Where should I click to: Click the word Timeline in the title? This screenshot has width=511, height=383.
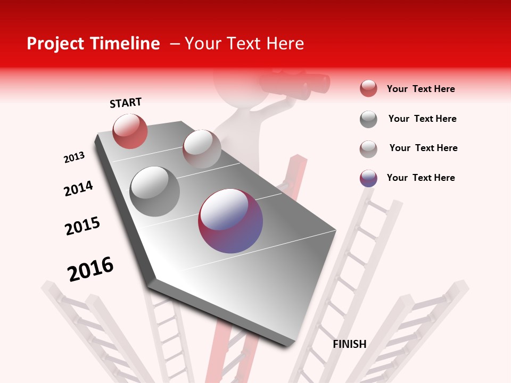[x=127, y=44]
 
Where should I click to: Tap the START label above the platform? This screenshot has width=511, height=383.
[x=126, y=103]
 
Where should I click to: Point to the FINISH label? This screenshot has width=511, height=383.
[x=349, y=344]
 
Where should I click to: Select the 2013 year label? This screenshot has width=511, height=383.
[x=74, y=157]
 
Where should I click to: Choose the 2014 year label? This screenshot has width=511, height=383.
[x=78, y=188]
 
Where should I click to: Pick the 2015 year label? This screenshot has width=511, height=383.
[x=83, y=226]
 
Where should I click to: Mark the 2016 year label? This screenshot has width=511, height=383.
[x=90, y=269]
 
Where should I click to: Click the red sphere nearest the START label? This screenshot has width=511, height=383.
[x=130, y=131]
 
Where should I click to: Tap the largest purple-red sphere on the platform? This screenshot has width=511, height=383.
[x=230, y=220]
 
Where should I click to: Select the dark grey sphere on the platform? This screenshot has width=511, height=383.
[x=155, y=191]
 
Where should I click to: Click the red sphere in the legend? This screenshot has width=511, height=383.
[x=368, y=89]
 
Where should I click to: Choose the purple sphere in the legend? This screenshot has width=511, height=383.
[x=368, y=178]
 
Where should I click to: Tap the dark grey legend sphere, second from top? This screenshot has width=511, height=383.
[x=368, y=119]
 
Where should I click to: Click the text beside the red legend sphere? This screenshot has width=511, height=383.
[x=421, y=89]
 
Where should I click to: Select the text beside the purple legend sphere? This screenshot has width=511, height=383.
[x=421, y=178]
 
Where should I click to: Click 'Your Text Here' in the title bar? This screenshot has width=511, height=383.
[x=244, y=44]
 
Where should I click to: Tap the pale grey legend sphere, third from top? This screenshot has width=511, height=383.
[x=368, y=149]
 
